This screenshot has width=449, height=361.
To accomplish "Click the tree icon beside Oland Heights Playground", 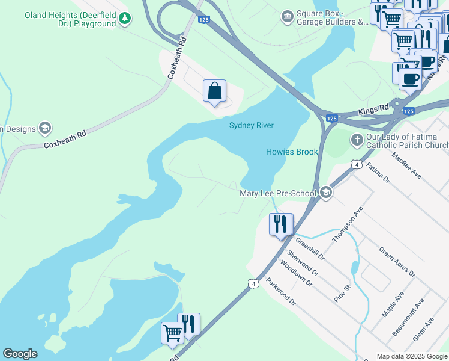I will click(x=124, y=19).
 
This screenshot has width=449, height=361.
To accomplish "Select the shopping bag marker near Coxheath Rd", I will click(x=214, y=92).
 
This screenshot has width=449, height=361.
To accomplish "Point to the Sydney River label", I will click(x=251, y=125).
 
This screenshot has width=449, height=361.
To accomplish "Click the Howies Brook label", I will click(x=292, y=152).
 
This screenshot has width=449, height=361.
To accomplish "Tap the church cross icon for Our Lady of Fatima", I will click(x=357, y=140).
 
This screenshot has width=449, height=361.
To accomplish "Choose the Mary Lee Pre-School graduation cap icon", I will click(x=326, y=193).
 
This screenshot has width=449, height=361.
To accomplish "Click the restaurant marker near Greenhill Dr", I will click(x=280, y=224).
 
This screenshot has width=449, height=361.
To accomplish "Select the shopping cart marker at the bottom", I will click(x=172, y=332).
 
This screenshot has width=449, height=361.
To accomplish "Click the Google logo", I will click(x=20, y=354).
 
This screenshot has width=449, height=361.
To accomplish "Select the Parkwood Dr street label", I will click(x=281, y=291).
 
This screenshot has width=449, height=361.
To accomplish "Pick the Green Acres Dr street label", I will click(x=397, y=262).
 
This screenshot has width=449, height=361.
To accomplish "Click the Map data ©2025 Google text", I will click(x=412, y=356).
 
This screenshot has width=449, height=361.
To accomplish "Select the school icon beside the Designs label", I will click(x=44, y=128).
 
